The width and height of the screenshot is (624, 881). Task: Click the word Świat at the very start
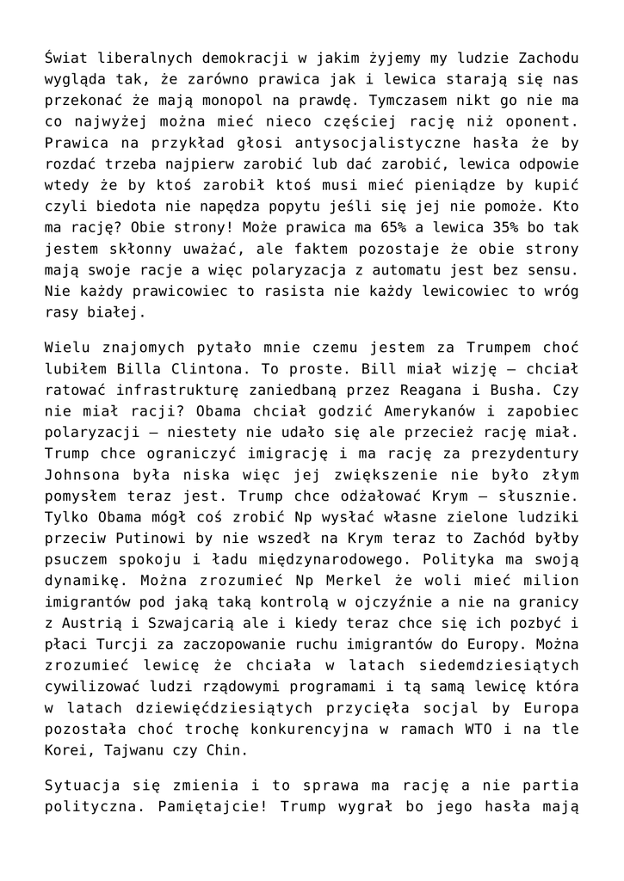(66, 59)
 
